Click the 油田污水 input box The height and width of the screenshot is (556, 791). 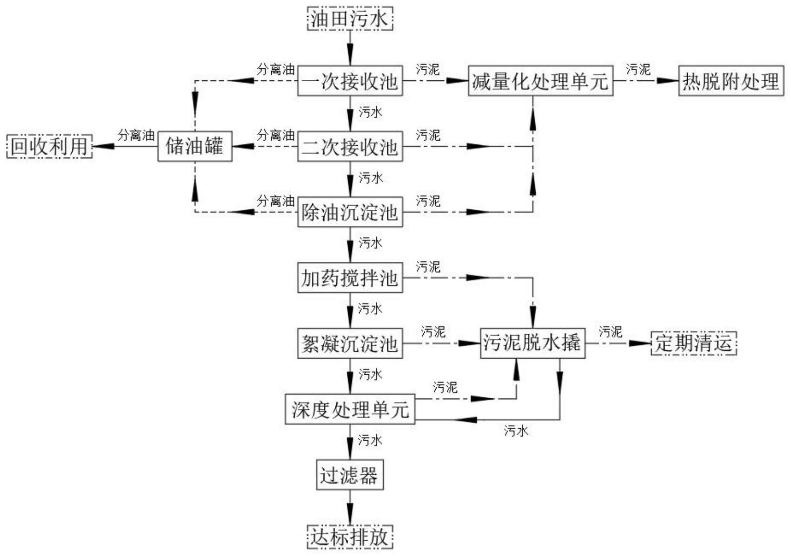(350, 19)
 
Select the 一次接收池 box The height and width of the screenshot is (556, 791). (350, 81)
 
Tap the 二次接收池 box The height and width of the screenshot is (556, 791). (350, 146)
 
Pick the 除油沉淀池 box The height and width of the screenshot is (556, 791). (350, 212)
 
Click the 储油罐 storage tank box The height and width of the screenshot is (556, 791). (195, 146)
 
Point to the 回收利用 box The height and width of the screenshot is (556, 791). (49, 146)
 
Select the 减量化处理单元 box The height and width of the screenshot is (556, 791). (540, 81)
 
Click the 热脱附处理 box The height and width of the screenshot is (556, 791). (731, 81)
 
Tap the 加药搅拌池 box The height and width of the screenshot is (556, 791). (350, 277)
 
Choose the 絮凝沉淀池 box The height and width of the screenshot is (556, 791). (350, 343)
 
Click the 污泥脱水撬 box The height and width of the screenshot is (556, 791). (532, 343)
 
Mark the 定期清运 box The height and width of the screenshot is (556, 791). (693, 343)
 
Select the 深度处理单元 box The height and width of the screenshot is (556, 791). (350, 409)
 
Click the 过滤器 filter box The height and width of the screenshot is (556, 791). (350, 475)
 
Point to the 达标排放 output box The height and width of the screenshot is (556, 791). (350, 537)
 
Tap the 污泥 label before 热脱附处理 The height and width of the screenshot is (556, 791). (638, 70)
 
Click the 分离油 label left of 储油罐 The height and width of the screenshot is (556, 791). (136, 135)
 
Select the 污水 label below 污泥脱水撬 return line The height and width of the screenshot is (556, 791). (516, 431)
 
